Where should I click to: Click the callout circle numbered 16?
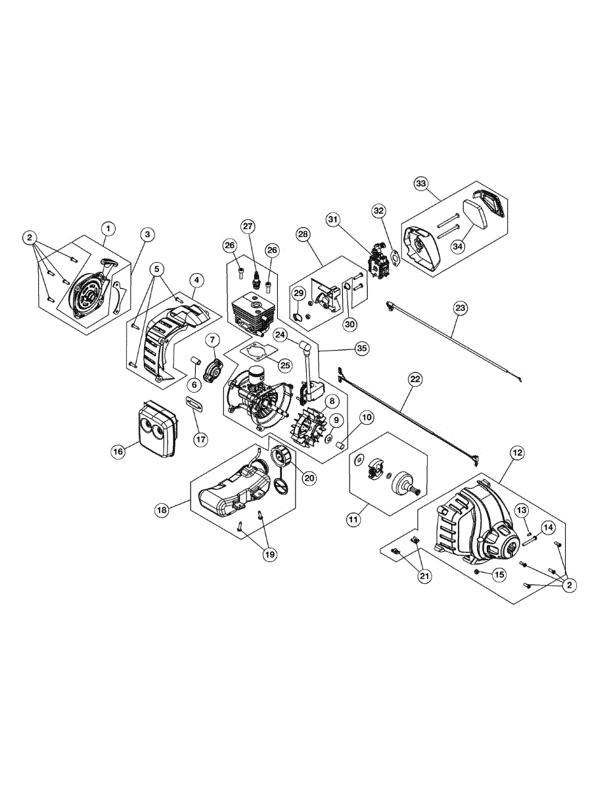point(118,452)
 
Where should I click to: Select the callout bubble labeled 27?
point(248,227)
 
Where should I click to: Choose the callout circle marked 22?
point(415,379)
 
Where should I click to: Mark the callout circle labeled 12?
point(517,452)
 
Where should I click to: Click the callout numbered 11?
point(354,519)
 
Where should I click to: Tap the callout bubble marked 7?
point(213,339)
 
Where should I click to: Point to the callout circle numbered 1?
point(108,229)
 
